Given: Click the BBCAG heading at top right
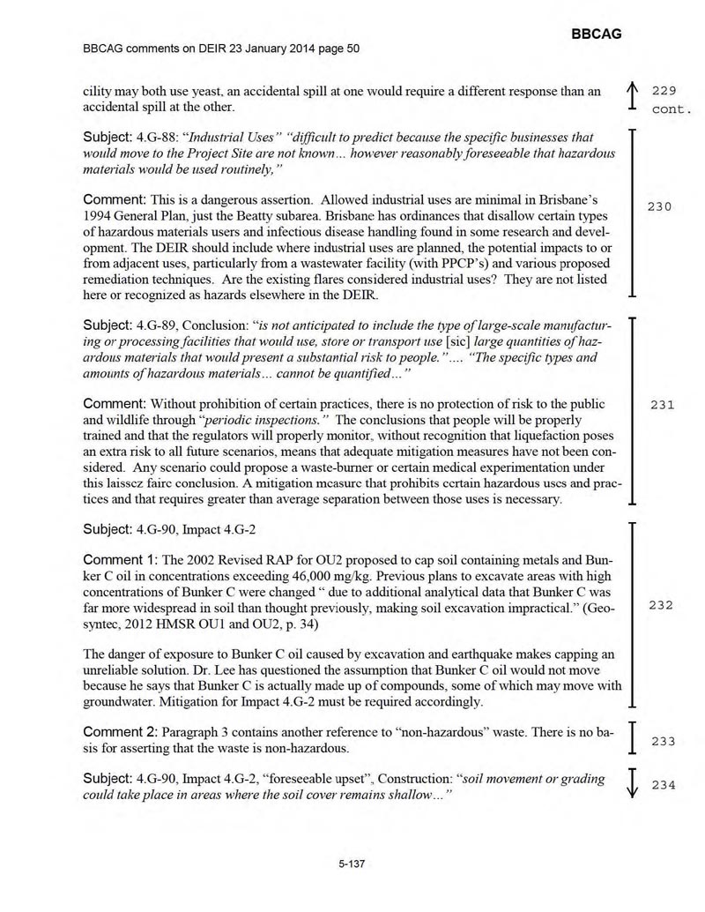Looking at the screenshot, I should pyautogui.click(x=597, y=34).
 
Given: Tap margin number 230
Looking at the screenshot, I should pyautogui.click(x=661, y=206).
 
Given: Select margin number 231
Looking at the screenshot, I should pyautogui.click(x=661, y=405).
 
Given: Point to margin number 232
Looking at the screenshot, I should pyautogui.click(x=661, y=605).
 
